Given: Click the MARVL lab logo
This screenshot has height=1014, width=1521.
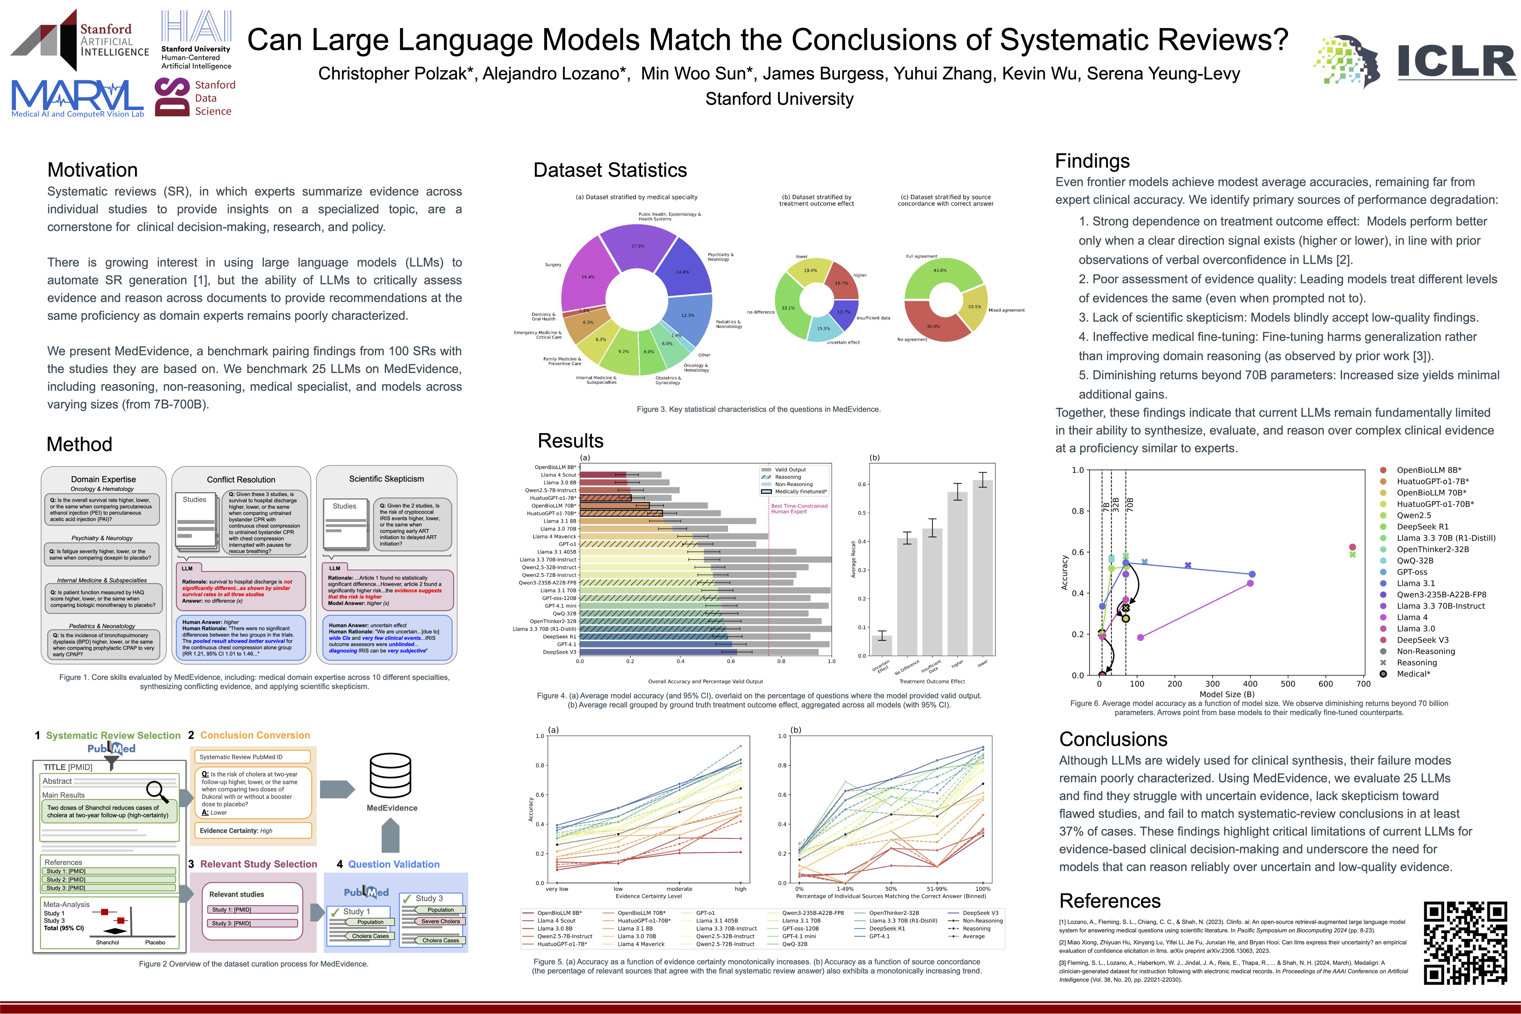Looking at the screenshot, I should [77, 98].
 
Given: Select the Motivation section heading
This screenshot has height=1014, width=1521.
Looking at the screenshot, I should [93, 170].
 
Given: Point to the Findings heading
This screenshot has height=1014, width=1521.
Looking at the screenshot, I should [1092, 161].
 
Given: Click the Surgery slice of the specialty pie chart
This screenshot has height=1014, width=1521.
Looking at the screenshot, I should [585, 275].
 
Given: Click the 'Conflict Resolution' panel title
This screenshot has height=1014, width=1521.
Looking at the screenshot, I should [240, 480].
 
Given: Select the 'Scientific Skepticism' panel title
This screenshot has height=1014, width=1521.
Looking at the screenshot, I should [386, 479].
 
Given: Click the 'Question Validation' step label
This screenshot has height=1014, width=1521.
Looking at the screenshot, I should [393, 865].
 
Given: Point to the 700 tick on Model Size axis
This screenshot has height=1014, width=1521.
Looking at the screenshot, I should [1363, 683].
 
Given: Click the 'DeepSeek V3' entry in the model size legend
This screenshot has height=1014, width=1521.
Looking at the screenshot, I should [1422, 640].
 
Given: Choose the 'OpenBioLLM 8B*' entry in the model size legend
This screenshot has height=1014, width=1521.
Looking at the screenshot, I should [1428, 470].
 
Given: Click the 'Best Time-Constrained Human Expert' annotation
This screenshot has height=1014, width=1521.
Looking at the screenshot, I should [799, 509].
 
